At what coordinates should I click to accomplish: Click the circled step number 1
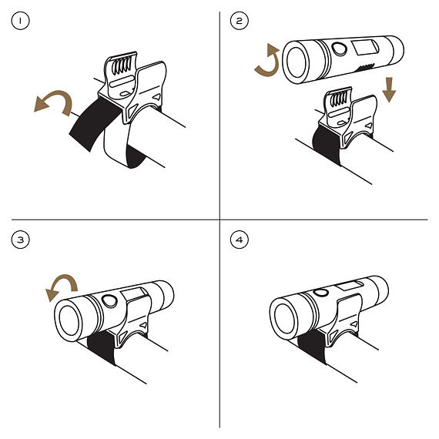[x=20, y=21]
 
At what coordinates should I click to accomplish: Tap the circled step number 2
[x=239, y=21]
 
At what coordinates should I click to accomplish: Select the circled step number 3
[x=20, y=240]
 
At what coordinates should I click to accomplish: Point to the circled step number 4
[x=239, y=240]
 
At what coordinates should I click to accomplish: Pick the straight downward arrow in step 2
[x=389, y=89]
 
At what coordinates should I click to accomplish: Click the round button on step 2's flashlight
[x=340, y=49]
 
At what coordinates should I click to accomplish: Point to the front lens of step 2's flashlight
[x=297, y=62]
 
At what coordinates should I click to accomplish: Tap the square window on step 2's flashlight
[x=365, y=47]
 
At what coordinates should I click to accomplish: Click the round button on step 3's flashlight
[x=109, y=301]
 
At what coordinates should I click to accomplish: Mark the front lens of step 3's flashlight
[x=69, y=320]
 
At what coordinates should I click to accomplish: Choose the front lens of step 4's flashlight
[x=285, y=318]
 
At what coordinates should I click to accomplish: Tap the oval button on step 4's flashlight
[x=320, y=293]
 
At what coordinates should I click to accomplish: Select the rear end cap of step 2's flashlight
[x=395, y=49]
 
